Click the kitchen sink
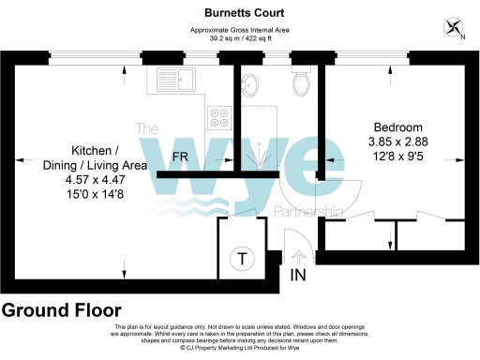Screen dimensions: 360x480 click(x=175, y=80)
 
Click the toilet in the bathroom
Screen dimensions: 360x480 click(x=302, y=84)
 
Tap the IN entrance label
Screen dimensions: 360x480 click(x=297, y=277)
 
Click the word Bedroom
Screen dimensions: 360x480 click(x=398, y=127)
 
